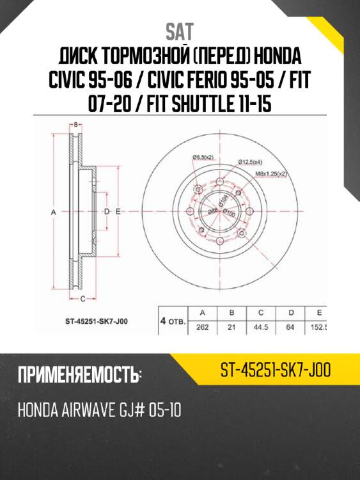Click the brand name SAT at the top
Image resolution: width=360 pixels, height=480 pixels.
[180, 31]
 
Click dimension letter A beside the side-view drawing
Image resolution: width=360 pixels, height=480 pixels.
[54, 211]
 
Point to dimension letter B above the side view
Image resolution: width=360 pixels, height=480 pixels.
[75, 124]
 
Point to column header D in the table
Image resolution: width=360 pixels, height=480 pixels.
[290, 313]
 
